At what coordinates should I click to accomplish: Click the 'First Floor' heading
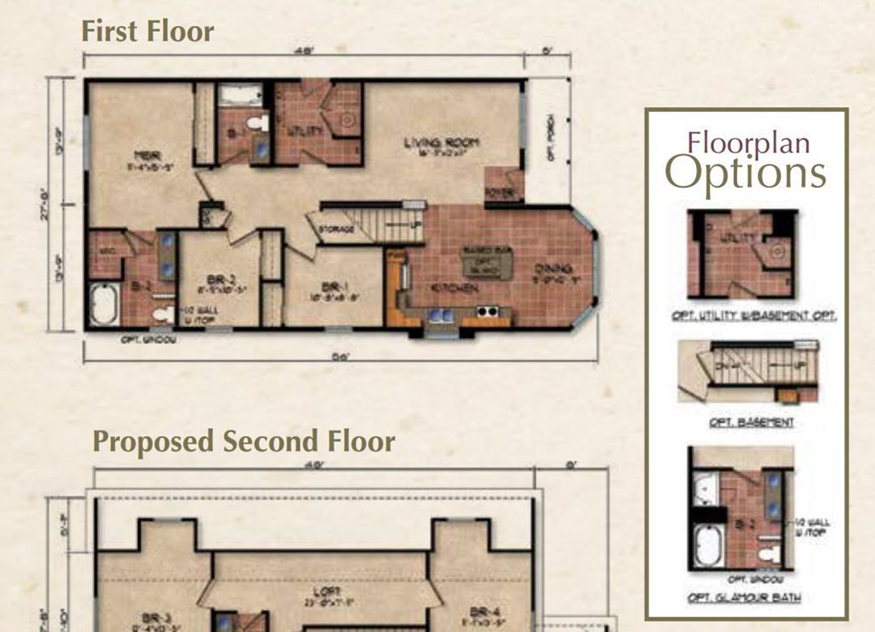[x=147, y=31]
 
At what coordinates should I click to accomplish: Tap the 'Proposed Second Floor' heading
[x=243, y=442]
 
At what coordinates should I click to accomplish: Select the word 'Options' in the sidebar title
[x=745, y=172]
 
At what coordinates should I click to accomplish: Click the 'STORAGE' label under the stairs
[x=337, y=229]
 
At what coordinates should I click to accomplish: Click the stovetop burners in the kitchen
[x=486, y=311]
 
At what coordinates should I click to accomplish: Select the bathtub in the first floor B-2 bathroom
[x=104, y=305]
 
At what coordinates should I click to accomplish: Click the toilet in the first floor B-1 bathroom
[x=257, y=124]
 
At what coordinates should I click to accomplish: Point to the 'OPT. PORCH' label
[x=552, y=137]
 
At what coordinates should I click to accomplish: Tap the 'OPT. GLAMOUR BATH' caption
[x=742, y=598]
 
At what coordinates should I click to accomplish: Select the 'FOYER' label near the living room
[x=494, y=192]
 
